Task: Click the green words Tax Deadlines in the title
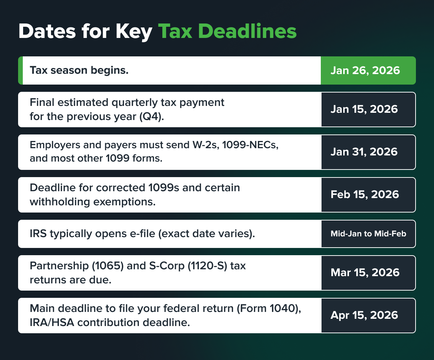(227, 31)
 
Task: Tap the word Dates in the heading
(47, 31)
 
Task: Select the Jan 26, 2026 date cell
(368, 70)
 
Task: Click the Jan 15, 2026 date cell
(368, 110)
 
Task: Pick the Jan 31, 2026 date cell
(368, 152)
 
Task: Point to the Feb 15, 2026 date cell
(368, 195)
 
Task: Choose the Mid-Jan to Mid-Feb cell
(368, 234)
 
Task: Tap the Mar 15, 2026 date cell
(368, 273)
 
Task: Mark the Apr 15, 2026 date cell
(368, 315)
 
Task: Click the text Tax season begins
(79, 70)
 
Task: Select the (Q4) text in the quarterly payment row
(152, 116)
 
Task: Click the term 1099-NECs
(250, 145)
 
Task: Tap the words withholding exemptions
(93, 202)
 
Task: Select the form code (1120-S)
(208, 266)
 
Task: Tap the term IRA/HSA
(52, 323)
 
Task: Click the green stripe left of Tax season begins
(20, 70)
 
